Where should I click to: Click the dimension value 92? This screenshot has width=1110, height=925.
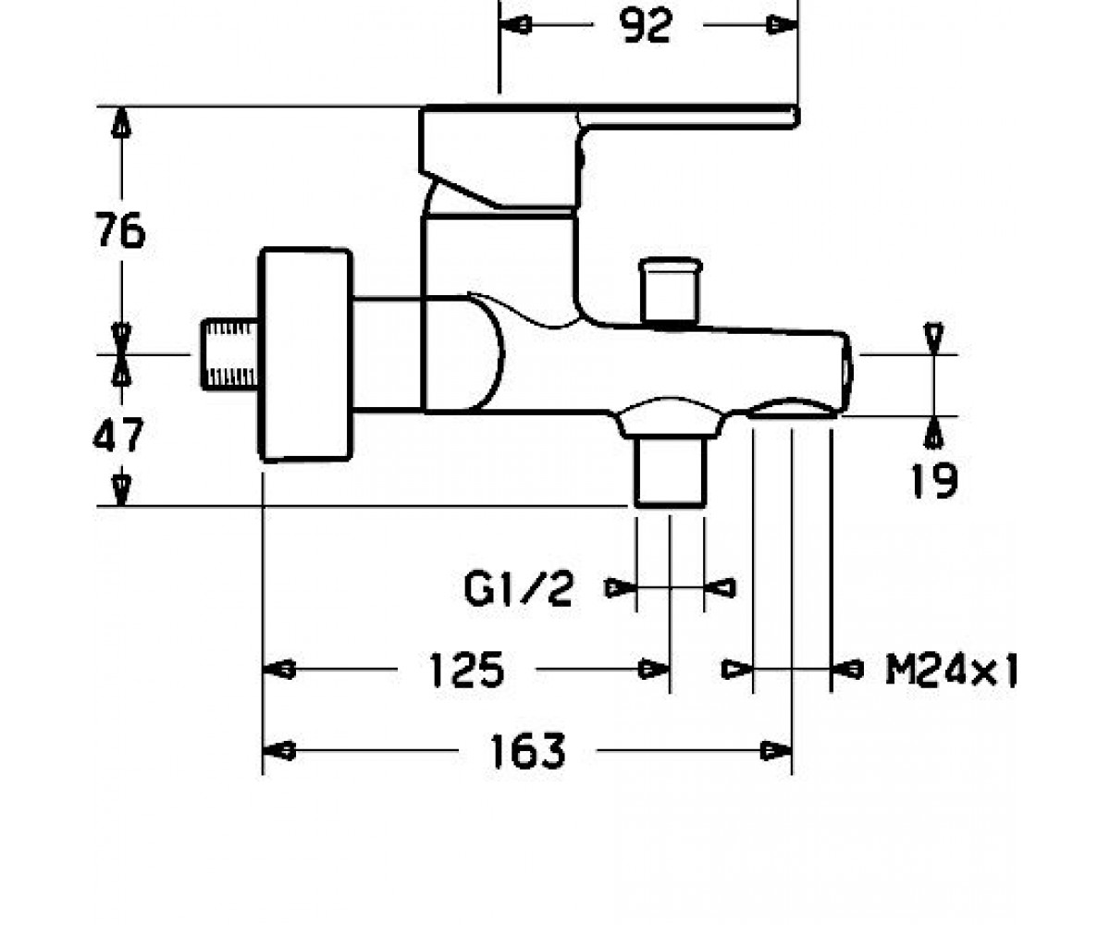click(646, 26)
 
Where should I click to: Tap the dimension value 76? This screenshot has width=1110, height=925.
click(120, 230)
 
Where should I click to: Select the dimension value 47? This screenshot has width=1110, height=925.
click(118, 434)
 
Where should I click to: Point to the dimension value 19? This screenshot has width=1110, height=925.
click(934, 480)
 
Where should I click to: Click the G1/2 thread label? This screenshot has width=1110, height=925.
click(518, 589)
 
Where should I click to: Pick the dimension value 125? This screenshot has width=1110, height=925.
click(466, 670)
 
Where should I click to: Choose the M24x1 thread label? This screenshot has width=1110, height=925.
click(951, 670)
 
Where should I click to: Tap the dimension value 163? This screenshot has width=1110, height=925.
click(527, 751)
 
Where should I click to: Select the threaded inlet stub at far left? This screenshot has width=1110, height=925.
click(229, 354)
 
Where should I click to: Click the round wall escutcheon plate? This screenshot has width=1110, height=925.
click(305, 354)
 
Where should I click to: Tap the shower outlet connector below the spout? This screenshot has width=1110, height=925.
click(671, 468)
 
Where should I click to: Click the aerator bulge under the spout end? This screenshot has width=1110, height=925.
click(792, 408)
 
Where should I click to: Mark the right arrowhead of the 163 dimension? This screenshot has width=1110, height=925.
click(777, 751)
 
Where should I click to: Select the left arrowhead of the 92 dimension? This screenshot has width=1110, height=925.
click(515, 25)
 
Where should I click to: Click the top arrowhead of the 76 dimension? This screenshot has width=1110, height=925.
click(122, 123)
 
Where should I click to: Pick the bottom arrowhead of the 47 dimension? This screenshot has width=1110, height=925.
click(122, 490)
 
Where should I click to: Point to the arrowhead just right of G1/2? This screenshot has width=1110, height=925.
click(720, 588)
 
